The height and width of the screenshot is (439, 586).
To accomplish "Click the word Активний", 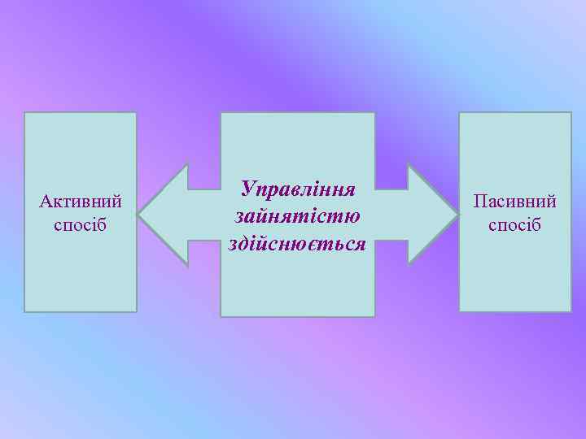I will pyautogui.click(x=81, y=200).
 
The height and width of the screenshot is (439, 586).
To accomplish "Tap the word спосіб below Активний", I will pyautogui.click(x=81, y=224).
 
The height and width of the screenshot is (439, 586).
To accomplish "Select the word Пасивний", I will pyautogui.click(x=515, y=200).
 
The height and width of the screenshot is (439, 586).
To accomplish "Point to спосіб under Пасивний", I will pyautogui.click(x=515, y=224).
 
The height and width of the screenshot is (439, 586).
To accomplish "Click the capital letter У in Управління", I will pyautogui.click(x=248, y=190).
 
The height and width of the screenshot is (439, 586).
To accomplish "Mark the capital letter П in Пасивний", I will pyautogui.click(x=480, y=200).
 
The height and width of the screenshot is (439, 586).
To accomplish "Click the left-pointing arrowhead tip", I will pyautogui.click(x=138, y=215).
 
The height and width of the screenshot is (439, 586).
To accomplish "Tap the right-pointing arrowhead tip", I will pyautogui.click(x=458, y=215).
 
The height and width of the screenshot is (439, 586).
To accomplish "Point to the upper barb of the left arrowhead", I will pyautogui.click(x=187, y=164).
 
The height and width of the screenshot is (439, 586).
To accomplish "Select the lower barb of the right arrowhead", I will pyautogui.click(x=409, y=264).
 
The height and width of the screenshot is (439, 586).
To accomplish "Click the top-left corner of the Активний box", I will pyautogui.click(x=25, y=113).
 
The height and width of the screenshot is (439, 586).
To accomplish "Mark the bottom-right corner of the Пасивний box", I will pyautogui.click(x=571, y=311).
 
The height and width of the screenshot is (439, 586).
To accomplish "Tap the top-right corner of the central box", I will pyautogui.click(x=374, y=113).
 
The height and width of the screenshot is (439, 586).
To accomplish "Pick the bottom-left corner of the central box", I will pyautogui.click(x=221, y=315).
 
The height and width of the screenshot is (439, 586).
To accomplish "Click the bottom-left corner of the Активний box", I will pyautogui.click(x=25, y=311).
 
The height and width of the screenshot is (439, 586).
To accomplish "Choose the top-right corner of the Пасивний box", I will pyautogui.click(x=571, y=113).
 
